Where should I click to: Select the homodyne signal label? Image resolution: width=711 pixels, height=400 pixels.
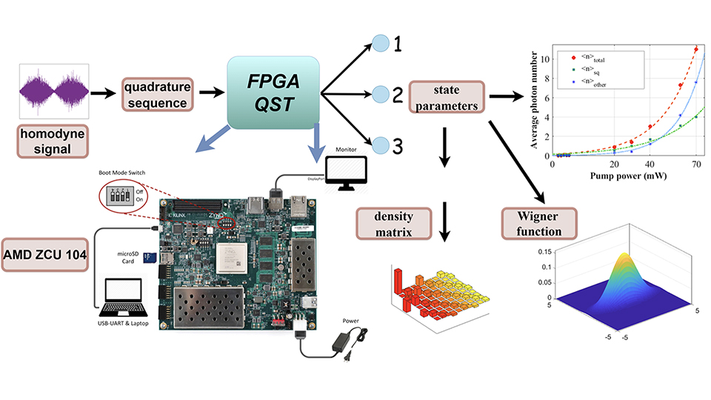pyautogui.click(x=48, y=141)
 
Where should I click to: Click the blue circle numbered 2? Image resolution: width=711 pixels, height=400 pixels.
pyautogui.click(x=379, y=94)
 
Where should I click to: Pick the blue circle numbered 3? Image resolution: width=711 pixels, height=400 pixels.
pyautogui.click(x=379, y=145)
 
